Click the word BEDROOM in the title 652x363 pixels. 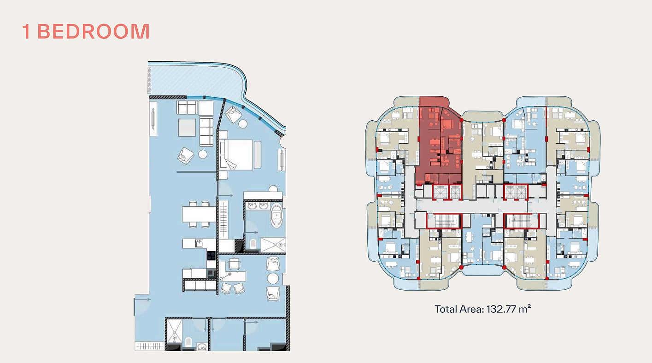94,31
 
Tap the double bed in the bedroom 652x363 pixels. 237,155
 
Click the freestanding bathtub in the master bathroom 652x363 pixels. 276,215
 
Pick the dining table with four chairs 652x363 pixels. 199,214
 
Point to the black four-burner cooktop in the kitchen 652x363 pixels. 211,256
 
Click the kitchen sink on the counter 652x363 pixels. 200,243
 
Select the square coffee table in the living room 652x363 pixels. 187,128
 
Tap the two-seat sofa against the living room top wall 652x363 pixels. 187,108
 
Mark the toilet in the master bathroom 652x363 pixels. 253,243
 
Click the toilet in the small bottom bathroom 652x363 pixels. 188,342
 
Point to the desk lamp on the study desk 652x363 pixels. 225,276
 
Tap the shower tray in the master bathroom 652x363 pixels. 273,245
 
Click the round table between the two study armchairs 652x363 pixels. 273,279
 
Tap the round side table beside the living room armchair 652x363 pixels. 203,154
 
